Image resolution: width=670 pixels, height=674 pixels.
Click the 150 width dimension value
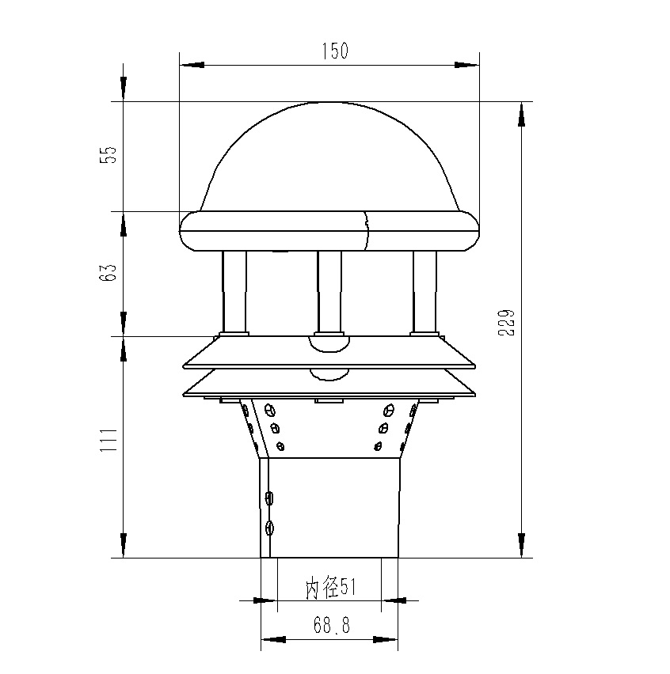coord(335,52)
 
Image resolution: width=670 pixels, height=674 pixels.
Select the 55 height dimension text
coord(112,154)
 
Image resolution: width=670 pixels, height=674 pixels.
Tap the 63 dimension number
coord(112,272)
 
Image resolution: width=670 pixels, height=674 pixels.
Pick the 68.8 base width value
coord(331,626)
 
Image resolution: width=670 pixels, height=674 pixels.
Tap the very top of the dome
coord(330,103)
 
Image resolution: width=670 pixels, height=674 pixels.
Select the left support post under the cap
coord(234,290)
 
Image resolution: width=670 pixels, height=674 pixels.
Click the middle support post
coord(329,290)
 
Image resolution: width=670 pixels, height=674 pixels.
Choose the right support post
coord(424,290)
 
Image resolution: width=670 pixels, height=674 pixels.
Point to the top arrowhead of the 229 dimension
coord(521,115)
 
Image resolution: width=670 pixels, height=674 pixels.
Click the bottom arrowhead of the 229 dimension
coord(521,545)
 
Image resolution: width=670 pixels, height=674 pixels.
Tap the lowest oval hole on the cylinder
coord(269,528)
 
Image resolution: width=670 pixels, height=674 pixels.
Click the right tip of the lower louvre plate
coord(476,392)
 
